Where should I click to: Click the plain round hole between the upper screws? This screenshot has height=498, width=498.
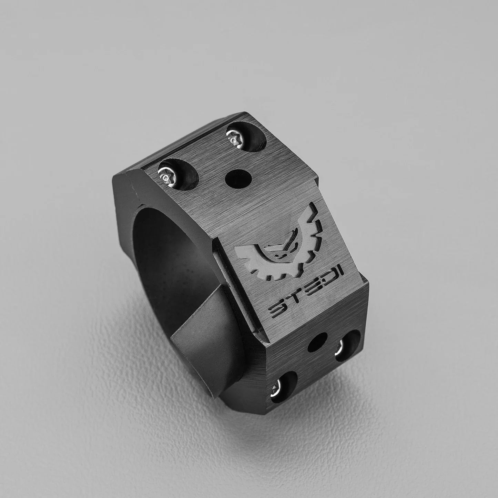click(x=238, y=178)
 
